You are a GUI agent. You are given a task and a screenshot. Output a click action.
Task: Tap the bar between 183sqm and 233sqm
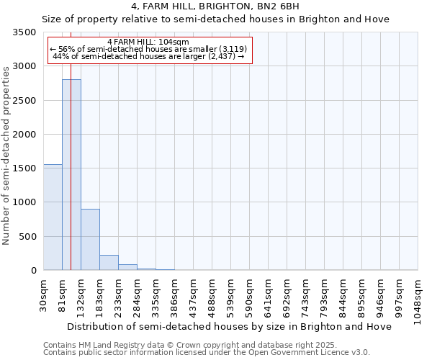tap(109, 263)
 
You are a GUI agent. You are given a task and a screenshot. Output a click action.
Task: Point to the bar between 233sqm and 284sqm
tap(127, 267)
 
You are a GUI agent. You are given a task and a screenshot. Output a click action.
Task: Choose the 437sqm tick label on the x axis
tap(193, 293)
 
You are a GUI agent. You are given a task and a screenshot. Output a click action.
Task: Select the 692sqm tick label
tap(287, 293)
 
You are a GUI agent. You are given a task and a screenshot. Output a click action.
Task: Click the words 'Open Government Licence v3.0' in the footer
tap(318, 352)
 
